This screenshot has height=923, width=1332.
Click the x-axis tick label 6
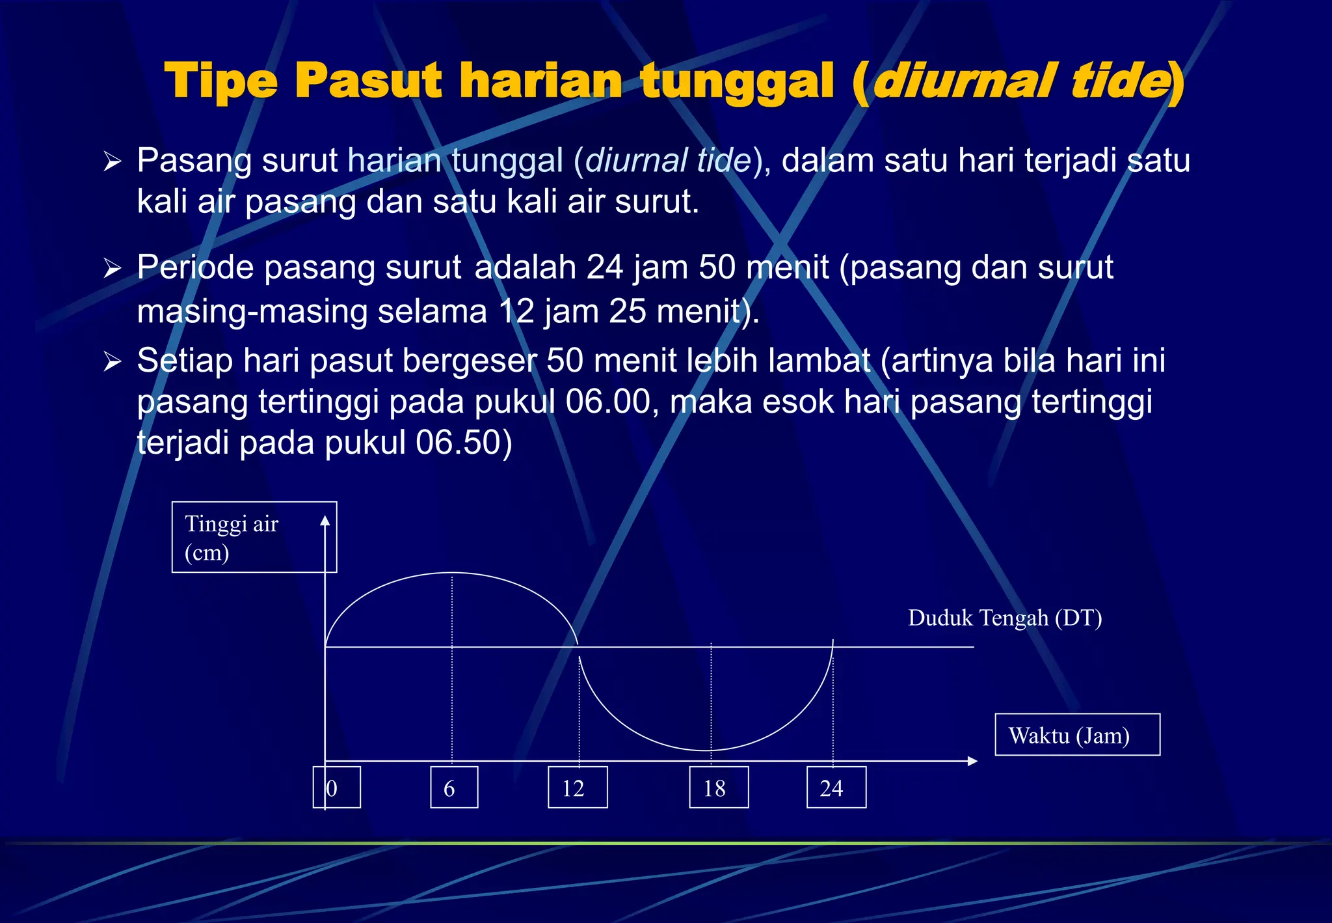coord(454,788)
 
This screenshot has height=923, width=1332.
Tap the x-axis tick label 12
coord(578,788)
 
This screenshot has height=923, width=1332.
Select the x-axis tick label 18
coord(719,788)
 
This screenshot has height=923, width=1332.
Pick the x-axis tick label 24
coord(836,788)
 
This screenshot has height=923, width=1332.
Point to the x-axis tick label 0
coord(336,788)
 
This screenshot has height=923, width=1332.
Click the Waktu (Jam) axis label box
coord(1077,735)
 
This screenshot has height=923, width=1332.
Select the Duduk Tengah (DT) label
coord(1005,618)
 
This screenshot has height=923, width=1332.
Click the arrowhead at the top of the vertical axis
coord(325,520)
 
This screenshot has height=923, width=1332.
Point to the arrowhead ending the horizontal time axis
coord(972,761)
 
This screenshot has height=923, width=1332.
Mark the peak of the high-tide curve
coord(452,573)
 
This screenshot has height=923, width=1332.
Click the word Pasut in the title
coord(368,81)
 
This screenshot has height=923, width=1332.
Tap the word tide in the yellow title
coord(1117,81)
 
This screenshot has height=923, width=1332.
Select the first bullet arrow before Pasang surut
coord(113,161)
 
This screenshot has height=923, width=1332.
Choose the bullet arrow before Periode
coord(113,268)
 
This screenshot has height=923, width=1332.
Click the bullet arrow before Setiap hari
coord(113,362)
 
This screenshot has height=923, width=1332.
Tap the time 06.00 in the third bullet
coord(607,402)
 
